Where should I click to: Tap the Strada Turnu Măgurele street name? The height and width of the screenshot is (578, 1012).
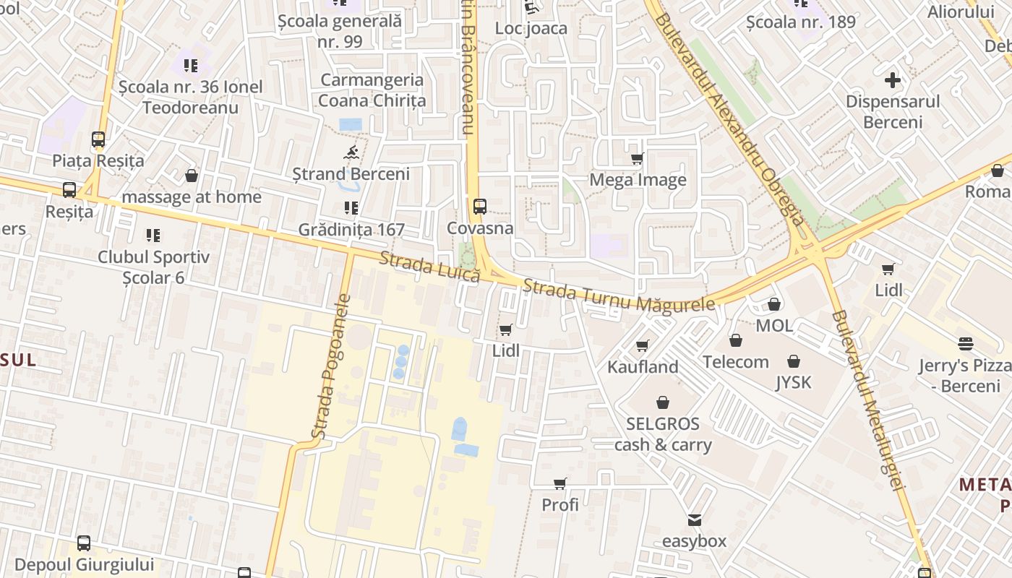[x=619, y=297]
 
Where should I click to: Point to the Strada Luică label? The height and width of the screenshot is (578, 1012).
[x=430, y=267]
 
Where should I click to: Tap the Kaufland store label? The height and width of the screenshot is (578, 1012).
[x=643, y=367]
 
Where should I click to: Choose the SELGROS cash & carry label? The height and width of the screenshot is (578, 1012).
[x=663, y=434]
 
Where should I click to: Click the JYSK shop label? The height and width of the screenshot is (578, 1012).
[x=794, y=382]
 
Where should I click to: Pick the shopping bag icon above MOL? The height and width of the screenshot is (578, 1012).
[x=774, y=304]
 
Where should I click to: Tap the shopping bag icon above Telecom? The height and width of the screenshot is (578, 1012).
[x=736, y=340]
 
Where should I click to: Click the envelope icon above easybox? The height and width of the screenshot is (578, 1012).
[x=695, y=519]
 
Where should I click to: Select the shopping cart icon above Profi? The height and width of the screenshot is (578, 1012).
[x=560, y=483]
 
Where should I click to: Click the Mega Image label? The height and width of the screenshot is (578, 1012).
[x=638, y=180]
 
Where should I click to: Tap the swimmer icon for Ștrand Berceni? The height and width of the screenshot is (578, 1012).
[x=351, y=152]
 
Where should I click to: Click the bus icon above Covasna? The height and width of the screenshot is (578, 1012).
[x=480, y=207]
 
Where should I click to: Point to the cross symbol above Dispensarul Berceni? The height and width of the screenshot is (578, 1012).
[x=893, y=80]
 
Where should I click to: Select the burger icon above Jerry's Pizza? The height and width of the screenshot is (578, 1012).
[x=966, y=344]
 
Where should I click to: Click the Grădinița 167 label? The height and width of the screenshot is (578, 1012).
[x=351, y=230]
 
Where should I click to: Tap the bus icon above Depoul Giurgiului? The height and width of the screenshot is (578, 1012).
[x=84, y=543]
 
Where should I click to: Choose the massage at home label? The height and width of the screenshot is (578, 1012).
[x=192, y=197]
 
